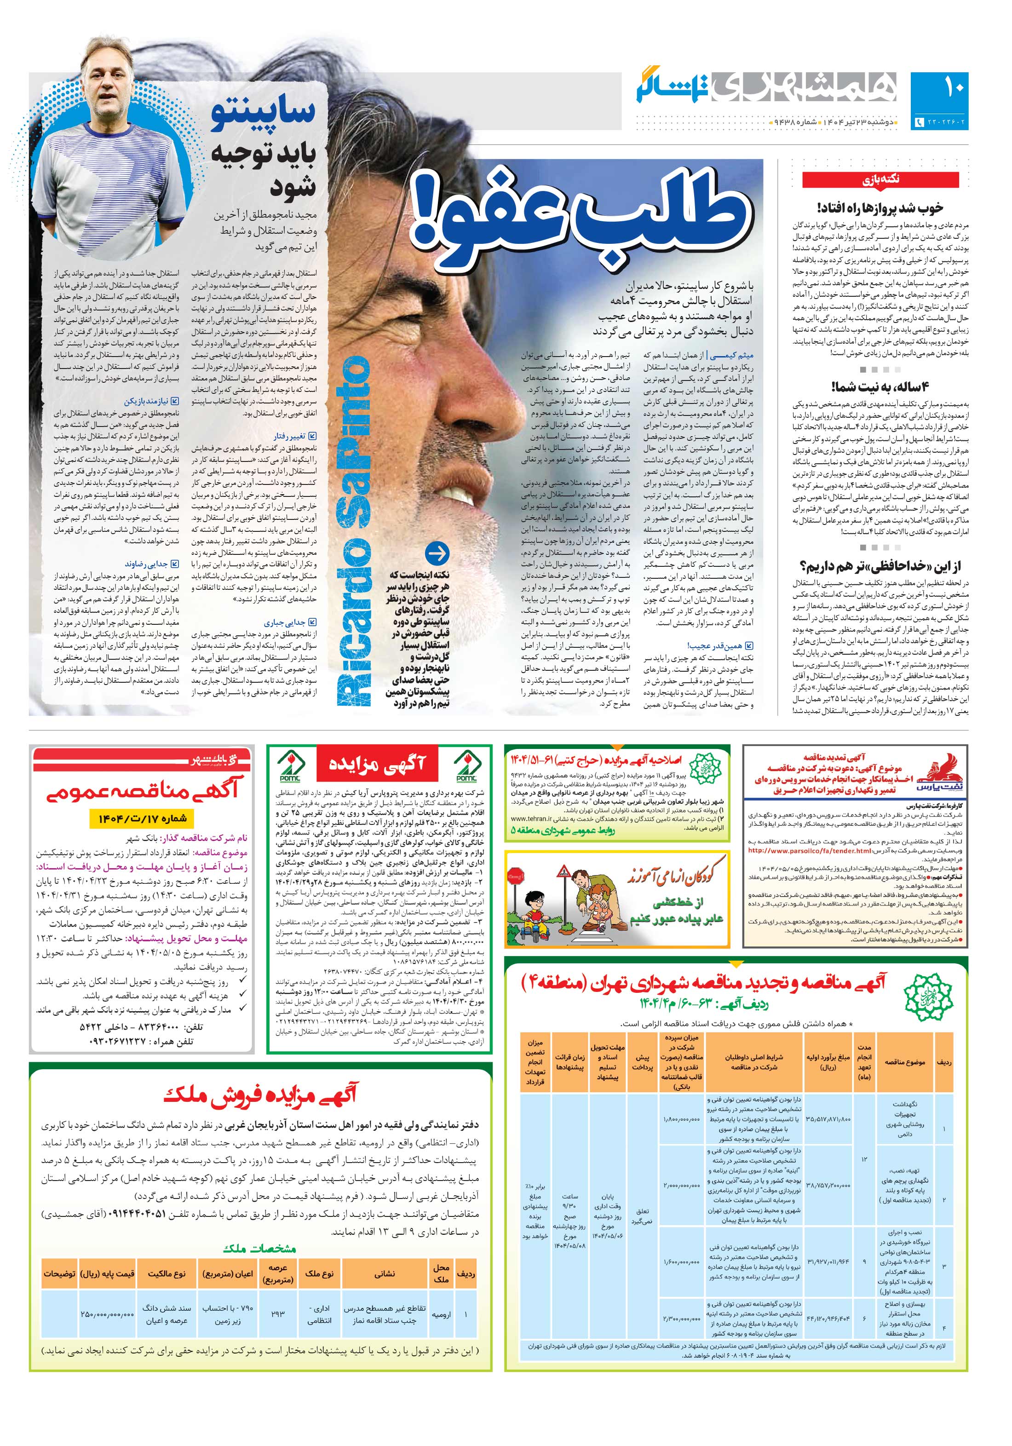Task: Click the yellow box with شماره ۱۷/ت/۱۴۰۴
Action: tap(142, 818)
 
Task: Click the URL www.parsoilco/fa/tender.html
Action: tap(800, 850)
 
